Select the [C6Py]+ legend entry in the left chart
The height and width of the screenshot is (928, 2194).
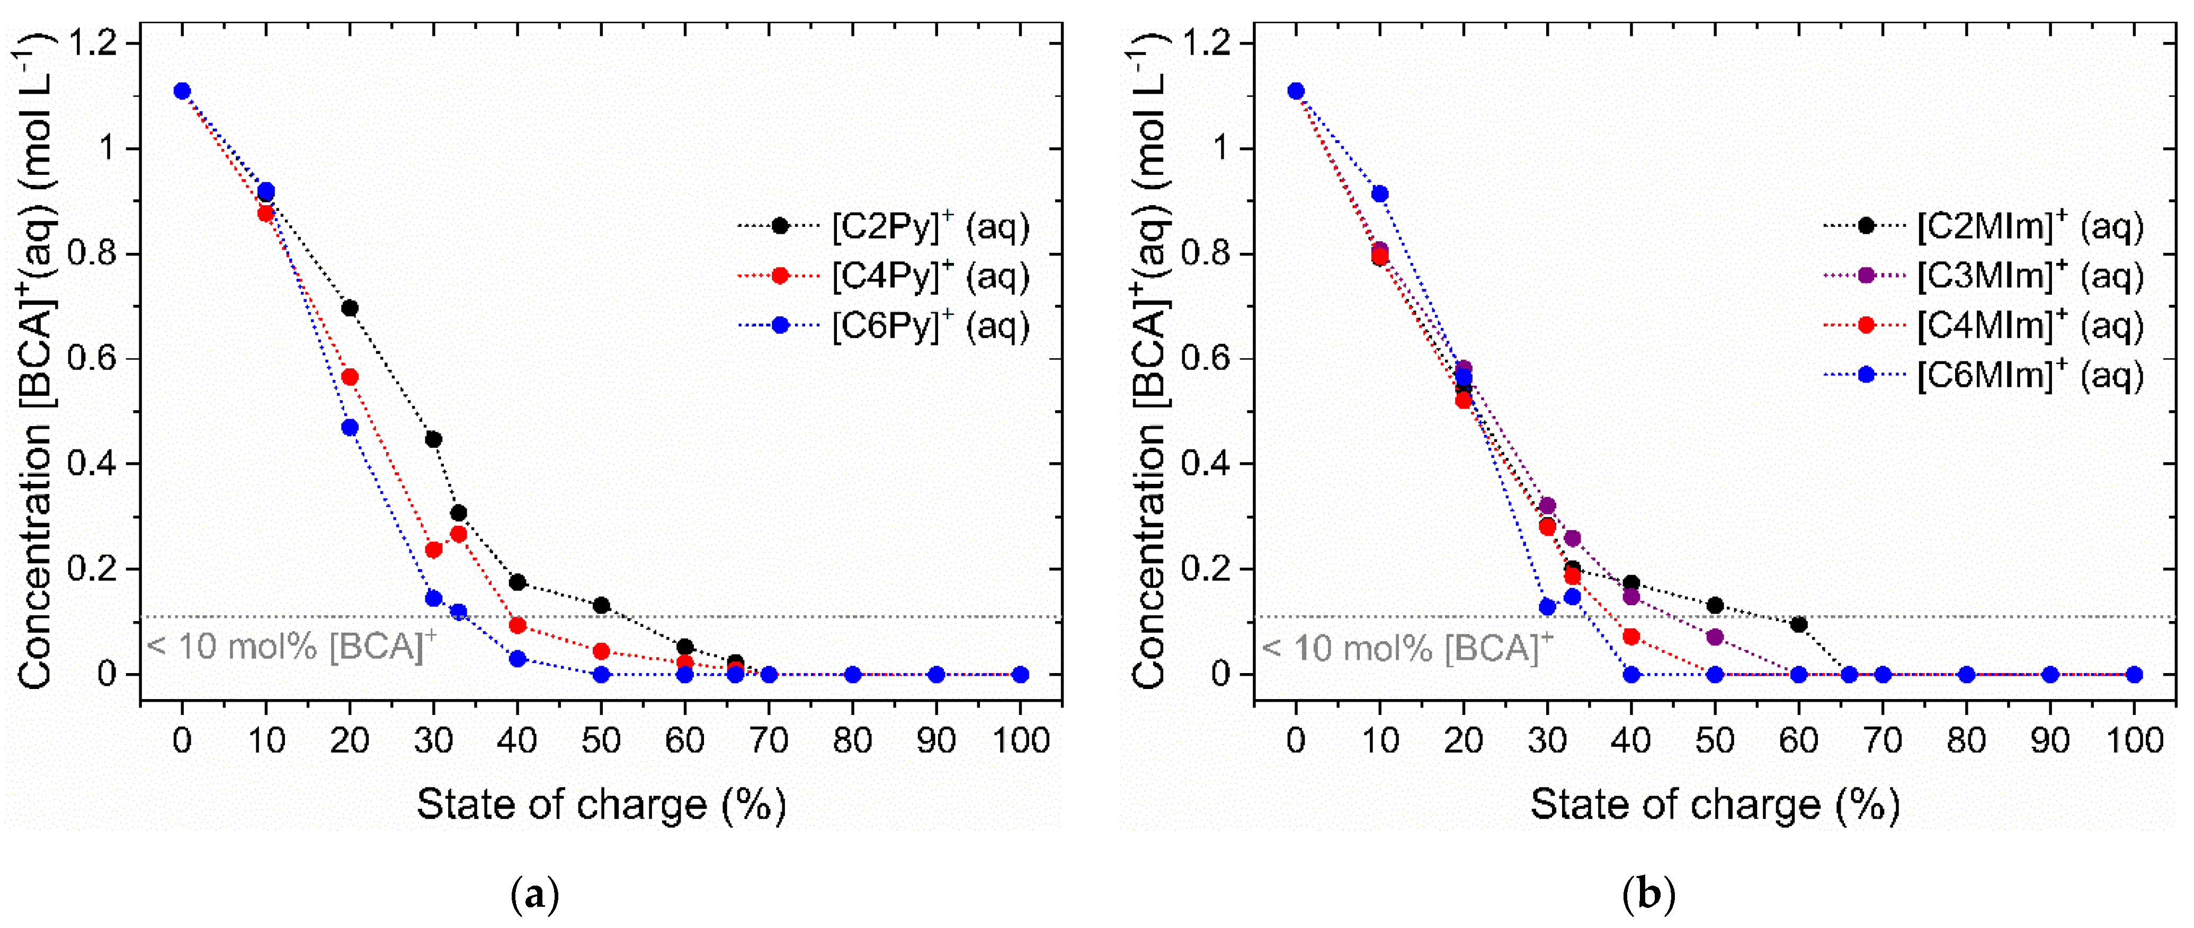pos(886,325)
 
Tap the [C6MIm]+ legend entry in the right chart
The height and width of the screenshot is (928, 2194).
pos(1984,375)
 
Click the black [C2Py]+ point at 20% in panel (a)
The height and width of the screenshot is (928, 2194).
pos(349,307)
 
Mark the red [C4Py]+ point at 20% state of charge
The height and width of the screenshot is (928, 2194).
pos(349,377)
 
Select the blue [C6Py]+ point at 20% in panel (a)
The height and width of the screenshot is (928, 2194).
pos(349,427)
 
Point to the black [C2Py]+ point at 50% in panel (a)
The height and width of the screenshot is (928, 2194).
pos(601,605)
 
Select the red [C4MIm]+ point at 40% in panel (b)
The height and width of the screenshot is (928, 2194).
pos(1631,637)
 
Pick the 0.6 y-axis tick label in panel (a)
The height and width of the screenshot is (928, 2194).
pos(94,359)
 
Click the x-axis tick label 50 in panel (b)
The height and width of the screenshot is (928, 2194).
pos(1715,740)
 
